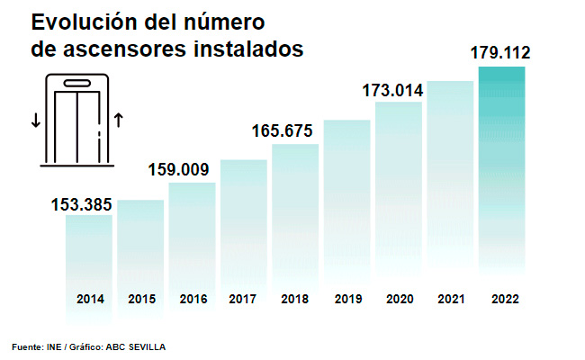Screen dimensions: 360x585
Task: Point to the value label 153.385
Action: pos(81,204)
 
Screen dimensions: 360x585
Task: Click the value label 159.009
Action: pos(178,169)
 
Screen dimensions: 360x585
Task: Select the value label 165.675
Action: pos(282,131)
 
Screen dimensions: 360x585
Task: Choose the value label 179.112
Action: pos(500,53)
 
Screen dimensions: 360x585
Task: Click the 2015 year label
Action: pos(141,299)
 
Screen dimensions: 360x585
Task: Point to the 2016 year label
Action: pos(193,299)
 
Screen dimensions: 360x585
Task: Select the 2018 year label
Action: pos(295,299)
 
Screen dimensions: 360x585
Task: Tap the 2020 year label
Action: pos(399,299)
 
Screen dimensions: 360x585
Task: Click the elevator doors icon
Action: pos(77,122)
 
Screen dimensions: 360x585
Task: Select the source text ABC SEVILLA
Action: pos(136,346)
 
